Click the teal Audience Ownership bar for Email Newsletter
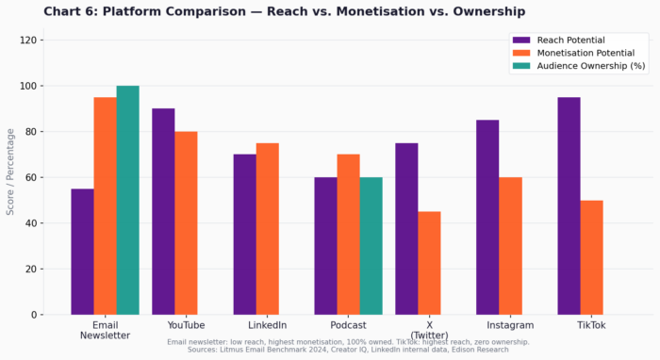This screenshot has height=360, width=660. point(127,200)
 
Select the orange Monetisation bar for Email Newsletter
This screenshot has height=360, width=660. point(105,205)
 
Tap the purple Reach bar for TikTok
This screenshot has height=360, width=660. point(569,205)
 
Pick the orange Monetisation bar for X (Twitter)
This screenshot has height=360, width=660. point(429,263)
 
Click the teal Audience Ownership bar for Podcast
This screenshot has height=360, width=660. point(371,246)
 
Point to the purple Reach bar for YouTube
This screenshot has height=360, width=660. point(163,211)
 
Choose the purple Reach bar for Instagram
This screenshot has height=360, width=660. point(487,217)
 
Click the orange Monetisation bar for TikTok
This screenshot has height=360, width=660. point(591,257)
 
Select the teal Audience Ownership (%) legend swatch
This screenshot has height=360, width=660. point(521,66)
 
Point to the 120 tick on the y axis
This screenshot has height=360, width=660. point(28,41)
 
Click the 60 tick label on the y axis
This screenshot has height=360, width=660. point(31,177)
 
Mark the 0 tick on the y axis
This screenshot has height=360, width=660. point(34,315)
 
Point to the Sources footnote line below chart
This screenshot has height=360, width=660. point(348,350)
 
